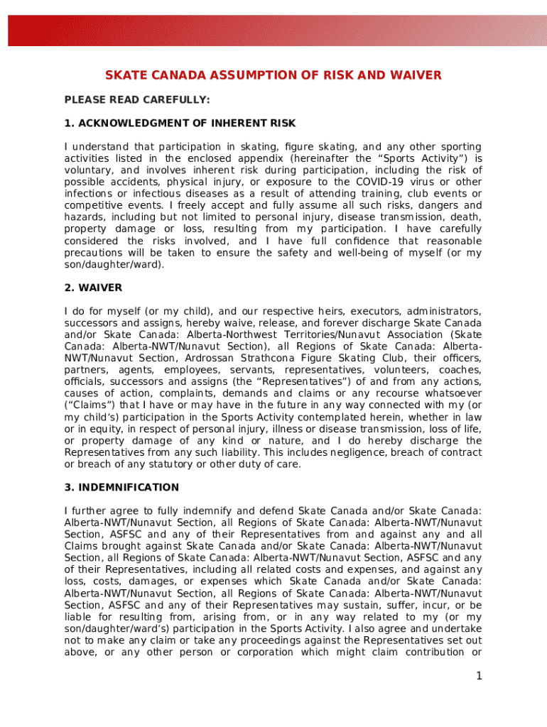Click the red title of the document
(x=273, y=75)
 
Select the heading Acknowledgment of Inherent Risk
(x=180, y=123)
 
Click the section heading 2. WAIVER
(x=93, y=288)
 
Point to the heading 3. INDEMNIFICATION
(x=121, y=488)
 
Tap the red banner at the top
(x=273, y=31)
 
